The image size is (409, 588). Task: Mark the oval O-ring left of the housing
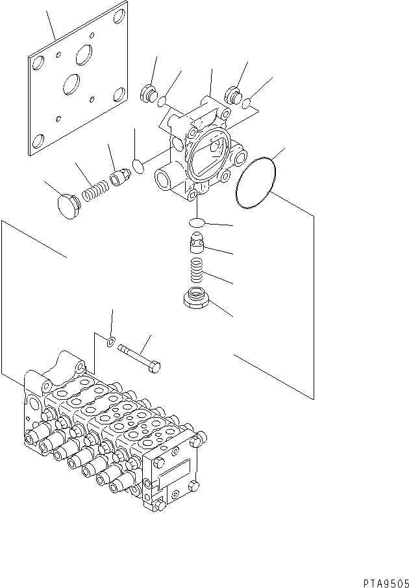(138, 167)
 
